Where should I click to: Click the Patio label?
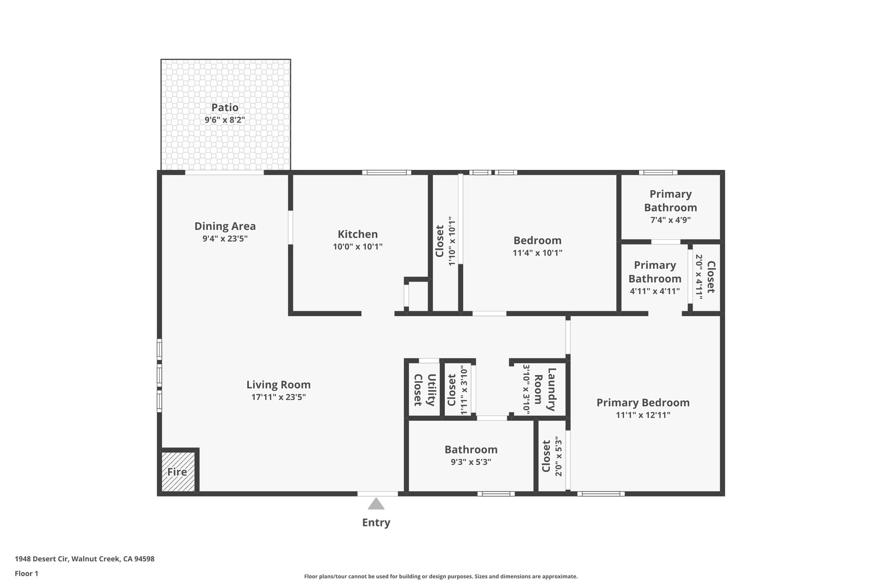pyautogui.click(x=225, y=107)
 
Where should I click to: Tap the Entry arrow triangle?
pyautogui.click(x=376, y=504)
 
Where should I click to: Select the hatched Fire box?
pyautogui.click(x=178, y=471)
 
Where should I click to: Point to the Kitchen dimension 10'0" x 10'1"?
pyautogui.click(x=358, y=247)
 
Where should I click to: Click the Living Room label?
pyautogui.click(x=278, y=384)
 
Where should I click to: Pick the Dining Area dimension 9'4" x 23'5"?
pyautogui.click(x=225, y=238)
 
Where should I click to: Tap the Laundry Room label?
pyautogui.click(x=545, y=389)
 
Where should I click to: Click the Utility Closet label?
pyautogui.click(x=425, y=389)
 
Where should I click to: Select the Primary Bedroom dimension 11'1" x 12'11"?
pyautogui.click(x=643, y=415)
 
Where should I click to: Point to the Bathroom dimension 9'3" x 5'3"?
pyautogui.click(x=471, y=462)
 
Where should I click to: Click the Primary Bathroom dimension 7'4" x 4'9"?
pyautogui.click(x=670, y=220)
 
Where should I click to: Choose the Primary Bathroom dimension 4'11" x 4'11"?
pyautogui.click(x=655, y=291)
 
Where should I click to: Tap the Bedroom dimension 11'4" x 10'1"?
pyautogui.click(x=537, y=253)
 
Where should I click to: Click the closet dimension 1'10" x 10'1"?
pyautogui.click(x=452, y=241)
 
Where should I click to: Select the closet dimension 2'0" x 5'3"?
pyautogui.click(x=559, y=456)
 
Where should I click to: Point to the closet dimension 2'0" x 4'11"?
pyautogui.click(x=699, y=277)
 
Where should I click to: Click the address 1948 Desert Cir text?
pyautogui.click(x=42, y=559)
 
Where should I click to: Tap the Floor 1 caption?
pyautogui.click(x=26, y=573)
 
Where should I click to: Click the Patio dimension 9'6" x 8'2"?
pyautogui.click(x=225, y=120)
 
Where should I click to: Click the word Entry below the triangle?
pyautogui.click(x=376, y=523)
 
